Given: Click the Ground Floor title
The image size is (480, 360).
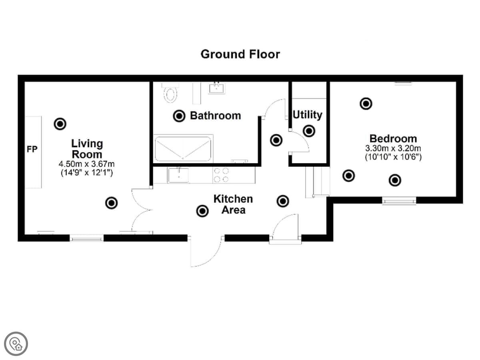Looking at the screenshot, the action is [240, 54].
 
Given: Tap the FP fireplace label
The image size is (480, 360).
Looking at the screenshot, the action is [32, 149].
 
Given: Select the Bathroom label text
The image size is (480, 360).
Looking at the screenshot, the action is [215, 116].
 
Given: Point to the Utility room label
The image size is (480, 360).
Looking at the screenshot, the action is [308, 115].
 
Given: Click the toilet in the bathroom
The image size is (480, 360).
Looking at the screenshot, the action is [170, 93].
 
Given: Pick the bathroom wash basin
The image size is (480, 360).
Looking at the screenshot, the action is [216, 88].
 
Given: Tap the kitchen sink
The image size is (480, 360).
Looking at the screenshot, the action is [178, 175].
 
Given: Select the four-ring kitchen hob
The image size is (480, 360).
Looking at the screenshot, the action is [221, 175].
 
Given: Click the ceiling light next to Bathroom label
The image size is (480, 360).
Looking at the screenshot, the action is [179, 116].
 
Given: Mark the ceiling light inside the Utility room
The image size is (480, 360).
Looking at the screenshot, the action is [309, 131].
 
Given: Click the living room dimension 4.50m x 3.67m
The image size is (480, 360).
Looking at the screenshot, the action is [86, 164].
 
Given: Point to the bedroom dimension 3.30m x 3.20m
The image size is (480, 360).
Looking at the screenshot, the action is [393, 148].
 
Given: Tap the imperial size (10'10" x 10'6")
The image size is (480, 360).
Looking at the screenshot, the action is [393, 157].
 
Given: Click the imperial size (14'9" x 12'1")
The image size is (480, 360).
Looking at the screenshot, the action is [86, 173].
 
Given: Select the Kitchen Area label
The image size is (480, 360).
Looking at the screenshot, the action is [233, 204].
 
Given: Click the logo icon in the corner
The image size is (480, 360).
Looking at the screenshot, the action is [16, 344].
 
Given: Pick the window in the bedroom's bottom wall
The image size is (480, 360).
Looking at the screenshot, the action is [399, 200].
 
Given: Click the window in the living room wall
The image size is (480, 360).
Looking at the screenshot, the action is [86, 238].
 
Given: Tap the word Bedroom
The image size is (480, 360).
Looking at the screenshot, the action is [393, 138].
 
